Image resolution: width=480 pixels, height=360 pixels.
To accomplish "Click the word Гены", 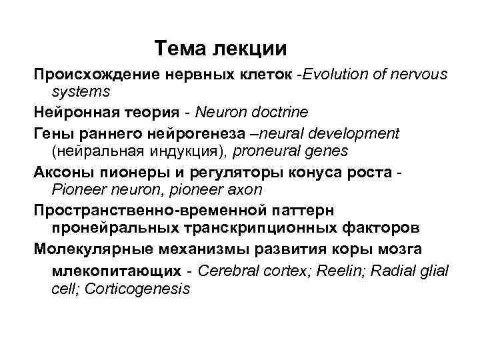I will pos(54,133).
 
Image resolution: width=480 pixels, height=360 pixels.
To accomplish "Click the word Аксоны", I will pos(63,171).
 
